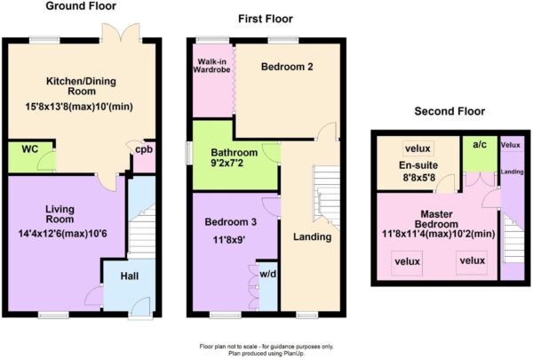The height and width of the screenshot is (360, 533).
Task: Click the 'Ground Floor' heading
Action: (x=81, y=6)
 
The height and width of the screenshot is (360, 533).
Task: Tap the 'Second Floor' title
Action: (x=449, y=111)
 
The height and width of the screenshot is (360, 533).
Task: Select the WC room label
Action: (x=30, y=149)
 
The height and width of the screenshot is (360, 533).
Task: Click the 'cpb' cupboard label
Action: (x=144, y=149)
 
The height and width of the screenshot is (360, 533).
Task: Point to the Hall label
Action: (x=130, y=276)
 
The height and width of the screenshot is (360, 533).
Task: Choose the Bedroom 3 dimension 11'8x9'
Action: (x=229, y=240)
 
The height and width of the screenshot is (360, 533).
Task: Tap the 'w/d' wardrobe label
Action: (x=268, y=274)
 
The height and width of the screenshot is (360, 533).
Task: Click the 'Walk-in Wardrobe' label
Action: (x=211, y=66)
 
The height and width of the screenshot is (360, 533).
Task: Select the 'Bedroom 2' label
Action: (x=287, y=67)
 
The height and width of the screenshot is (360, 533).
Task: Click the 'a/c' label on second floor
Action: (x=480, y=145)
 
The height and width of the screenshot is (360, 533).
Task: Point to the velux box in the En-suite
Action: (x=418, y=148)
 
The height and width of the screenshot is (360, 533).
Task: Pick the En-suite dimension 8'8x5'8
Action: (x=418, y=177)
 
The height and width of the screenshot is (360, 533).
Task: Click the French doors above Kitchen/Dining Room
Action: (x=122, y=33)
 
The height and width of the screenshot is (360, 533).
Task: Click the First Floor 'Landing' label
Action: (x=312, y=236)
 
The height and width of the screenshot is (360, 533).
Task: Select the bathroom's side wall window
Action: (x=188, y=154)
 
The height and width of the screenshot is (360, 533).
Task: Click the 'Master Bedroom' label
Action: (x=436, y=220)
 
